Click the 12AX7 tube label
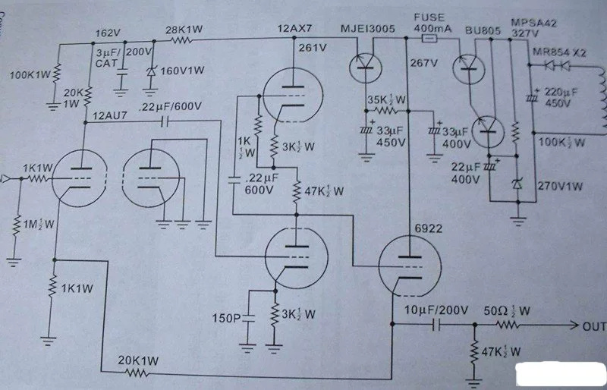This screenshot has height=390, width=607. click(295, 28)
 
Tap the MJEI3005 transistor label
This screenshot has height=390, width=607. click(368, 28)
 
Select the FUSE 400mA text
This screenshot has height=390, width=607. click(432, 23)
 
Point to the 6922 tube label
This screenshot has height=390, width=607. click(428, 228)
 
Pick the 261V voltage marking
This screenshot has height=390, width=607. click(313, 48)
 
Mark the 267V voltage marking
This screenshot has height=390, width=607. click(423, 62)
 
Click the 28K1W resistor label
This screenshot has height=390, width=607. click(184, 30)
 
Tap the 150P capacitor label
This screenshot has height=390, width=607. click(226, 319)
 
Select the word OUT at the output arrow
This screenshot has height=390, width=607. click(594, 326)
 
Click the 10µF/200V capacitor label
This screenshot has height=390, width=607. click(436, 310)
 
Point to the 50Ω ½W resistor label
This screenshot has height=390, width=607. click(506, 310)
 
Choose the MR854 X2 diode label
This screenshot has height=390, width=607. click(559, 52)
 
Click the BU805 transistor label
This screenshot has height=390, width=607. click(483, 30)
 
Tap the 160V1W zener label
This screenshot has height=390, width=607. click(182, 71)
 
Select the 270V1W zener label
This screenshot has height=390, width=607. click(560, 186)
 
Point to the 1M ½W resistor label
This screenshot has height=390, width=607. click(39, 224)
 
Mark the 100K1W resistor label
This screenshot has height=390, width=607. click(30, 74)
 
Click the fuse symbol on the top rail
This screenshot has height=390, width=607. click(429, 39)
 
